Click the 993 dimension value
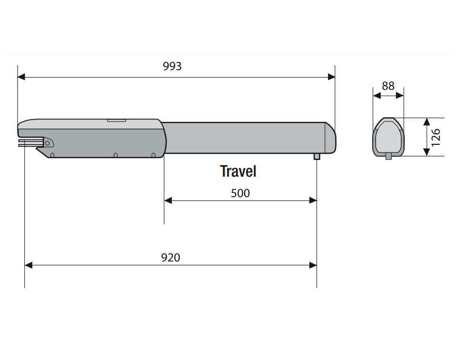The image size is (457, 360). coord(172,67)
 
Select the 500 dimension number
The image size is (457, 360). coord(240,193)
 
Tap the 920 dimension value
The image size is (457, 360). coord(170,258)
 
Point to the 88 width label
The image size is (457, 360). coord(388,86)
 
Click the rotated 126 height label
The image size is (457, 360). coord(436,138)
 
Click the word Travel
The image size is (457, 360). coord(238,171)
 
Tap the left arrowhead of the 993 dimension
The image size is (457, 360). coord(21,77)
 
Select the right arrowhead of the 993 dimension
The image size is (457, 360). coord(331,77)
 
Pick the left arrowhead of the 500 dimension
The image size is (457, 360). coord(168,200)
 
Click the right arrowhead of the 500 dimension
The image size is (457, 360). coord(313,200)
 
